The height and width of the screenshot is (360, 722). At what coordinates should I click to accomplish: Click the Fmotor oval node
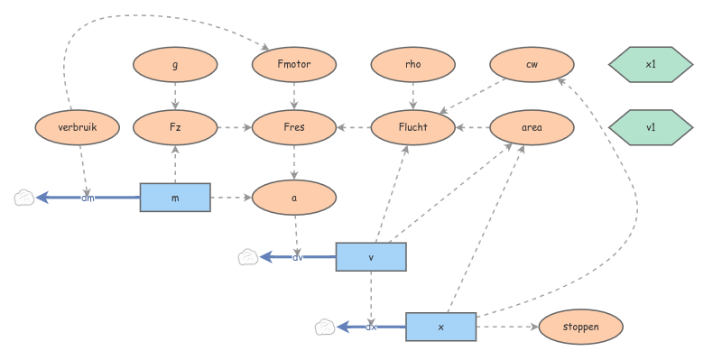click(294, 64)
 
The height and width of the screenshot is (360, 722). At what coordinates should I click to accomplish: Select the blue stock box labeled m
click(175, 198)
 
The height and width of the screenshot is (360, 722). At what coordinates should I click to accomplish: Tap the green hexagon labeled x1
click(651, 64)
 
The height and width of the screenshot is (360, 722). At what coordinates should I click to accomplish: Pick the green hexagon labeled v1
click(651, 127)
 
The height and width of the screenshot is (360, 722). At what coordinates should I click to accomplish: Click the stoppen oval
click(580, 327)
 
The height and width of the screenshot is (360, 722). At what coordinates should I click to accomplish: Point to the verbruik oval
click(78, 127)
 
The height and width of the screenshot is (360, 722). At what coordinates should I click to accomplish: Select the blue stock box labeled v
click(371, 257)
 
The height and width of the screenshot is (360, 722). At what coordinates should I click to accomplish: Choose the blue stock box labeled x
click(441, 327)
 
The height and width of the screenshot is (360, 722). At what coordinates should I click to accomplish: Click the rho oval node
click(413, 64)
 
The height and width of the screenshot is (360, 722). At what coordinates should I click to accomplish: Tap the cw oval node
click(532, 64)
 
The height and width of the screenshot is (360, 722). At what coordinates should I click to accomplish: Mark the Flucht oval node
click(413, 127)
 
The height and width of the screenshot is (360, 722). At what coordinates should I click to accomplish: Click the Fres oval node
click(294, 127)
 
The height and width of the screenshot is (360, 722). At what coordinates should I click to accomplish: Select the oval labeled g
click(175, 64)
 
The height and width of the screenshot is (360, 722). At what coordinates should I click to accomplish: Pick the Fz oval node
click(175, 127)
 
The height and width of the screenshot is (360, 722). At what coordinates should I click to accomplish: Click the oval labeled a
click(294, 198)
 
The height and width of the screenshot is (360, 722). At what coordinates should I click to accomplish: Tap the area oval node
click(532, 127)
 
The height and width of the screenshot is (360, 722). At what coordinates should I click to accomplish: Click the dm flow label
click(88, 198)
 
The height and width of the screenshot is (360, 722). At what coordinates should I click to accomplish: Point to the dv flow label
click(298, 257)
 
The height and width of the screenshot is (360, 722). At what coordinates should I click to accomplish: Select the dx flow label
click(371, 328)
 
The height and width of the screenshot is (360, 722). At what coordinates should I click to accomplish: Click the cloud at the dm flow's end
click(24, 198)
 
